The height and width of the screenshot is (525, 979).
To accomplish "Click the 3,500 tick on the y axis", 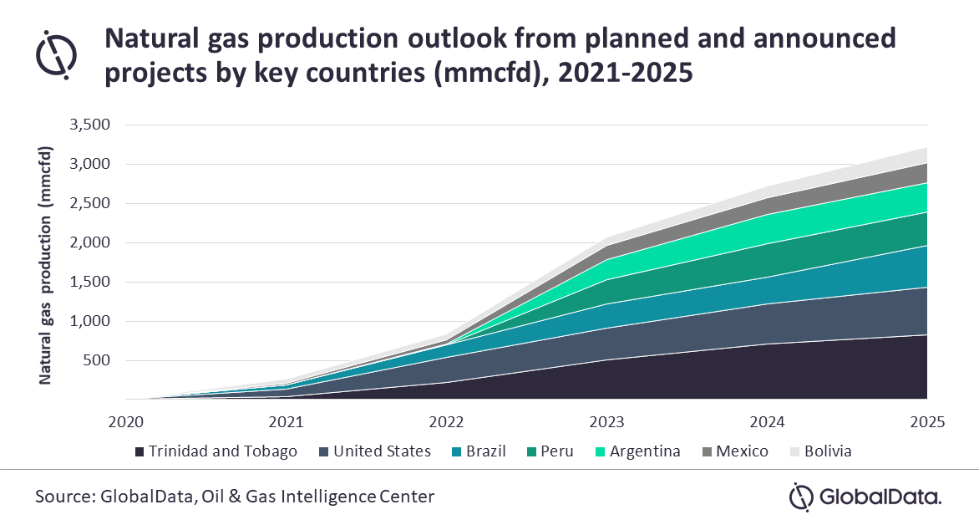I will [x=92, y=125].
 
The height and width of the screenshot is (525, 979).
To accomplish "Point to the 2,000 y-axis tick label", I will [x=92, y=243].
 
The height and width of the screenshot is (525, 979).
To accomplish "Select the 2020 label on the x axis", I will [x=125, y=421].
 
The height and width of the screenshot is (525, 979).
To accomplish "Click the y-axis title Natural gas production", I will [x=47, y=265].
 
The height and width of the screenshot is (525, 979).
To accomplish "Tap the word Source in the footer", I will [x=63, y=497].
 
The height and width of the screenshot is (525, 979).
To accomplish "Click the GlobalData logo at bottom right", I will [x=865, y=497].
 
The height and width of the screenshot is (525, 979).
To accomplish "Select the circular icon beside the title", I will [x=57, y=52].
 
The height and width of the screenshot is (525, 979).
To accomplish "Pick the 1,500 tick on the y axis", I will [x=92, y=283].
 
